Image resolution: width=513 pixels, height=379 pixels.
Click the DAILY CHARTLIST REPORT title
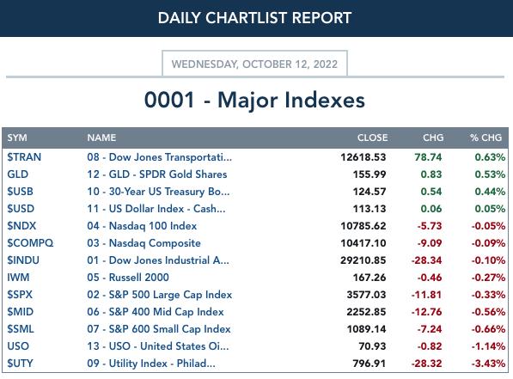pyautogui.click(x=254, y=18)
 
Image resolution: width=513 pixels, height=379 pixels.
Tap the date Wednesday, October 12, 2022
pyautogui.click(x=254, y=64)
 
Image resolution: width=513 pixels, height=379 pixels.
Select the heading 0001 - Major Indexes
pyautogui.click(x=254, y=100)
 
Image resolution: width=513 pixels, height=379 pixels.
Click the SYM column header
pyautogui.click(x=17, y=138)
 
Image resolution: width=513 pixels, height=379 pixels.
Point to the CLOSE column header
pyautogui.click(x=372, y=138)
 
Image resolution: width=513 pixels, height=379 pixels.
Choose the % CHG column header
pyautogui.click(x=486, y=138)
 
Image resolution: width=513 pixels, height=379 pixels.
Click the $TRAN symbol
pyautogui.click(x=24, y=157)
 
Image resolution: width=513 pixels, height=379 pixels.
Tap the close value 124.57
pyautogui.click(x=369, y=192)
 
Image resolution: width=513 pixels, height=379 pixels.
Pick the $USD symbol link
pyautogui.click(x=21, y=209)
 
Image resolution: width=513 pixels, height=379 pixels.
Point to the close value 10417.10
pyautogui.click(x=363, y=243)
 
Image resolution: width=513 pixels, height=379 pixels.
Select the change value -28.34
pyautogui.click(x=426, y=260)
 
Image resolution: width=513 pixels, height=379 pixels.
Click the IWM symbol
pyautogui.click(x=18, y=278)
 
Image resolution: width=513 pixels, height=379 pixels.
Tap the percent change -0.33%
pyautogui.click(x=488, y=295)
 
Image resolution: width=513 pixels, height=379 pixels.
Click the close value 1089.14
pyautogui.click(x=366, y=329)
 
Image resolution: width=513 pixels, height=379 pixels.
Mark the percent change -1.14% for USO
pyautogui.click(x=488, y=346)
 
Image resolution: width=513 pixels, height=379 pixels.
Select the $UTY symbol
pyautogui.click(x=21, y=364)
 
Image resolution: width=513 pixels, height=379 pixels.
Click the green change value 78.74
pyautogui.click(x=428, y=157)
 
